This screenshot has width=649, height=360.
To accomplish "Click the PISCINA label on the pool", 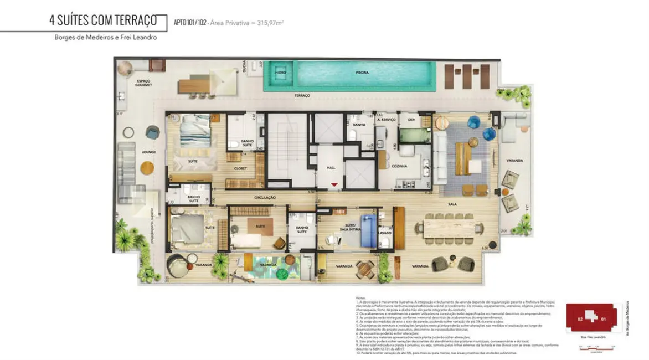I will coord(362,73).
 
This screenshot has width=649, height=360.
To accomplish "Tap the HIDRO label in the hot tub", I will coord(281,73).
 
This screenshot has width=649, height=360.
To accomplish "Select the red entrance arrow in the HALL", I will coord(334,184).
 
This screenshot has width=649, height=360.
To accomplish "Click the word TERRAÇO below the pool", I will coord(302,96).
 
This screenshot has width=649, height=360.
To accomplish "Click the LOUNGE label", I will coord(148,152).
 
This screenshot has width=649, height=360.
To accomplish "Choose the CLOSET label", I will coord(240,168).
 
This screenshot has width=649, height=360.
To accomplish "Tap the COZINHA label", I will coord(399,166).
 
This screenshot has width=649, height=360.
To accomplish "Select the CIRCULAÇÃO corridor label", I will coord(265,197).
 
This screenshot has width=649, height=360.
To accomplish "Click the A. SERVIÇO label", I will coord(385,120).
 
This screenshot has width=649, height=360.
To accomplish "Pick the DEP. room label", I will coord(411,120).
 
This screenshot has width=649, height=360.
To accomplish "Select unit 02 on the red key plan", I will coord(580,319).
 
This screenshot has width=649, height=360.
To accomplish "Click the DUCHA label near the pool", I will coord(244,69).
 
